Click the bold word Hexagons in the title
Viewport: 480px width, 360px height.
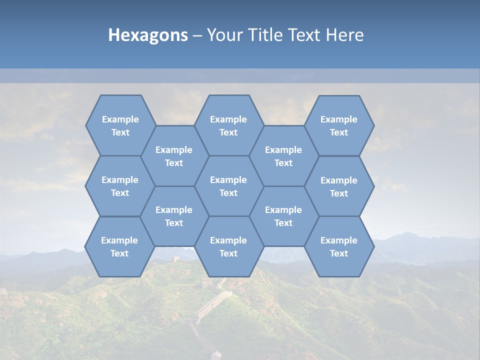point(148,35)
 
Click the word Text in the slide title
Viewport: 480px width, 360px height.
point(306,35)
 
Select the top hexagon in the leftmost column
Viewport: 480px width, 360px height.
point(120,125)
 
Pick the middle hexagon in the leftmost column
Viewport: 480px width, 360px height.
point(120,186)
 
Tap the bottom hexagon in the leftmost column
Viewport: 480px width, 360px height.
point(119,246)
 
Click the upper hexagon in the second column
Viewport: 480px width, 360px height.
point(174,156)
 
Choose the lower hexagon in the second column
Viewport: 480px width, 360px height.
point(174,216)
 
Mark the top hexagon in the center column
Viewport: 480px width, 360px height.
point(228,125)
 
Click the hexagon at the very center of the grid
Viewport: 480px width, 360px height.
point(228,186)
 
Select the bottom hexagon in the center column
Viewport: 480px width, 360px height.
point(228,246)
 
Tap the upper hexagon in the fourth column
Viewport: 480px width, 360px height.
point(283,156)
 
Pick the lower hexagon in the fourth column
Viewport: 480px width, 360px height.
point(283,216)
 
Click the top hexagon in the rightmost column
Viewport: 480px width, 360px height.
point(339,125)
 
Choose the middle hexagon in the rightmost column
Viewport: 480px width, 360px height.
point(339,186)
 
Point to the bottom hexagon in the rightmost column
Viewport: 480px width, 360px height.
point(339,246)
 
